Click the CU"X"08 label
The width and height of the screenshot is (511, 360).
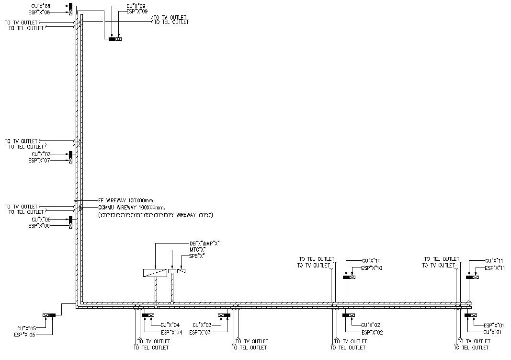point(41,6)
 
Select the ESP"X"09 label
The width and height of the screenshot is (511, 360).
point(137,11)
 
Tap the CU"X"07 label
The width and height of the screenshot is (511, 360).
point(41,154)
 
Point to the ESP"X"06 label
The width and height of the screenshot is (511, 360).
point(39,225)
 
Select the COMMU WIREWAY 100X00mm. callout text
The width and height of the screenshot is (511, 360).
point(131,208)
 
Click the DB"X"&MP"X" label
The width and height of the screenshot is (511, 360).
point(204,244)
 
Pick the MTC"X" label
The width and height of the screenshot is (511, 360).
point(197,250)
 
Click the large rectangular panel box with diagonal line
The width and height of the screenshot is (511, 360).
point(155,273)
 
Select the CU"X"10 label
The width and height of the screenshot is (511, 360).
point(371,260)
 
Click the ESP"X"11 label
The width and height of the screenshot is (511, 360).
point(495,268)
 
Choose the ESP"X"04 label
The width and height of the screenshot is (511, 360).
point(171,332)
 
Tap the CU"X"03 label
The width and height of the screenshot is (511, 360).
point(202,325)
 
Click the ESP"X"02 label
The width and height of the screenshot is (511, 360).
point(372,332)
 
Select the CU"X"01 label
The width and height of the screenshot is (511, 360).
point(493,332)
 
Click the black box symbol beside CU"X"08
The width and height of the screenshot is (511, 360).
point(71,6)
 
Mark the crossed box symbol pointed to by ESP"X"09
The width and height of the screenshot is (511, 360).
point(118,39)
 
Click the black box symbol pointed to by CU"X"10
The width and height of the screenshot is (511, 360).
point(346,277)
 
